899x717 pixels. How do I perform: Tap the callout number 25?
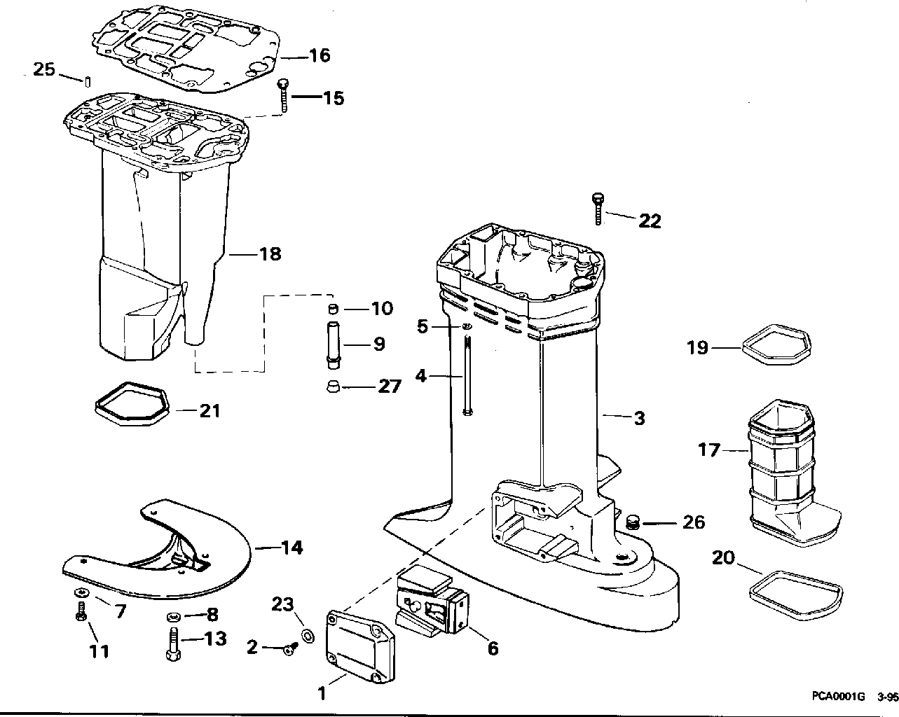[x=43, y=69]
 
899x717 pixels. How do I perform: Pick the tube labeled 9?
[x=334, y=344]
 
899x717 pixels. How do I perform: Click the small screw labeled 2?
[x=288, y=650]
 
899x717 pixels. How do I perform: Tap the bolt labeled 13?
[x=171, y=641]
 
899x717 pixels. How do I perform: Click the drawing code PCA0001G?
[x=838, y=697]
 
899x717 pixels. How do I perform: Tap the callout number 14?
[x=291, y=547]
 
